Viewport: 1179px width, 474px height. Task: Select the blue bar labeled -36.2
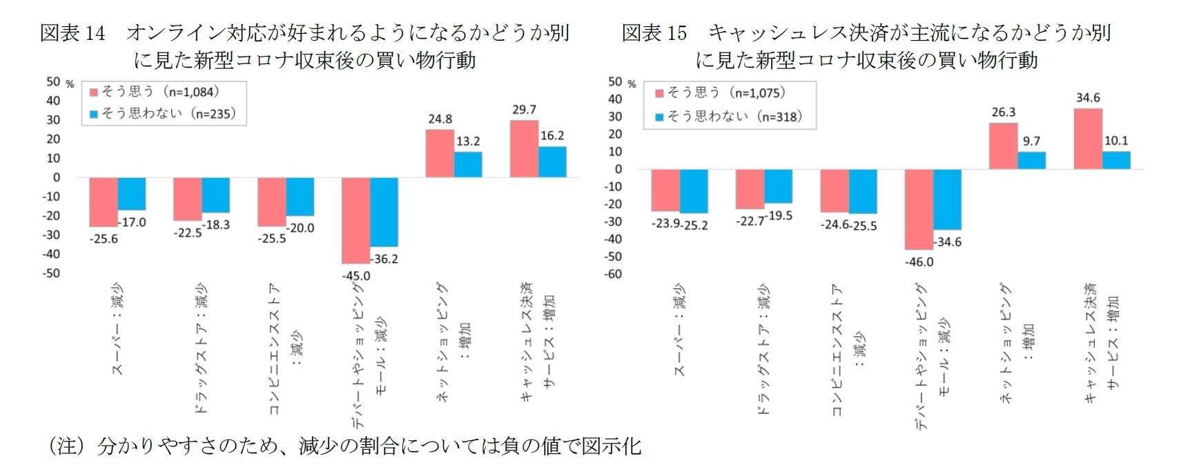point(384,212)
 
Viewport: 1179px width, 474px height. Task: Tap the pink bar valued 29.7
point(524,149)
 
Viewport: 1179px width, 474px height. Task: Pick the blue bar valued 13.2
point(468,164)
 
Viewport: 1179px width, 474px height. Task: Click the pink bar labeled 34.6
point(1088,139)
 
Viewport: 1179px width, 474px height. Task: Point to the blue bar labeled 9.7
point(1031,160)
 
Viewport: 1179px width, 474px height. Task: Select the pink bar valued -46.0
point(919,209)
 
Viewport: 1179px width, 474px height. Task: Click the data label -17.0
point(132,222)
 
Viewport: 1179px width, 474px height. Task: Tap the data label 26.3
point(1003,112)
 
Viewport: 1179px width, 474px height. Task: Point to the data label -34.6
point(947,242)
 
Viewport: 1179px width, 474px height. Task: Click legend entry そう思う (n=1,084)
point(159,92)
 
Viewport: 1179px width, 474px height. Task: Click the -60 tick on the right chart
point(614,274)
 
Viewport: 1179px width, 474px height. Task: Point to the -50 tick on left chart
point(52,273)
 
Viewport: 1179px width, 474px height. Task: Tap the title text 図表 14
point(72,32)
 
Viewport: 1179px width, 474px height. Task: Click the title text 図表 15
point(654,32)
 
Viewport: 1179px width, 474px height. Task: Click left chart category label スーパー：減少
point(118,329)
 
